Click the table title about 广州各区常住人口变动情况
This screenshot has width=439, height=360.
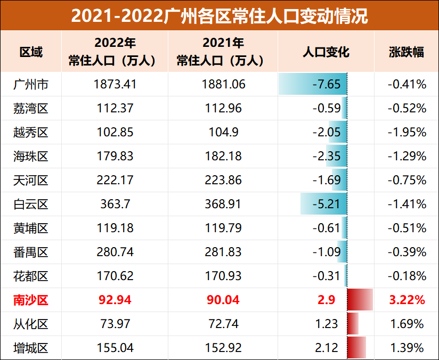(x=220, y=15)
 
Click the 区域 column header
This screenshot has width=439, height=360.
(x=31, y=52)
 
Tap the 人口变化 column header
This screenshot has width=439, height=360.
(x=326, y=52)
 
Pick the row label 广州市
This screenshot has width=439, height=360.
(x=31, y=84)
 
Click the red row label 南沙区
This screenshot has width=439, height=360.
(x=31, y=300)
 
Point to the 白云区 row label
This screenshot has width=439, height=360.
(x=31, y=204)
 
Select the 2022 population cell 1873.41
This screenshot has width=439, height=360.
(x=115, y=84)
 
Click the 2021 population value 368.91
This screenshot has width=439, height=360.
(x=223, y=204)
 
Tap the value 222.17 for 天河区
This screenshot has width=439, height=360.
(x=115, y=180)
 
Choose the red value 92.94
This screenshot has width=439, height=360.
(x=115, y=300)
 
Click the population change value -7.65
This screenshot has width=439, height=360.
(x=326, y=84)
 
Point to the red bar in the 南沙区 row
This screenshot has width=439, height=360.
(x=359, y=300)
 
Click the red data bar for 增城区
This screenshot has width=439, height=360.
(x=356, y=348)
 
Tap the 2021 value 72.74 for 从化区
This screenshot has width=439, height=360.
(x=223, y=324)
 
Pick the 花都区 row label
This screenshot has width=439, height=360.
(x=31, y=276)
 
